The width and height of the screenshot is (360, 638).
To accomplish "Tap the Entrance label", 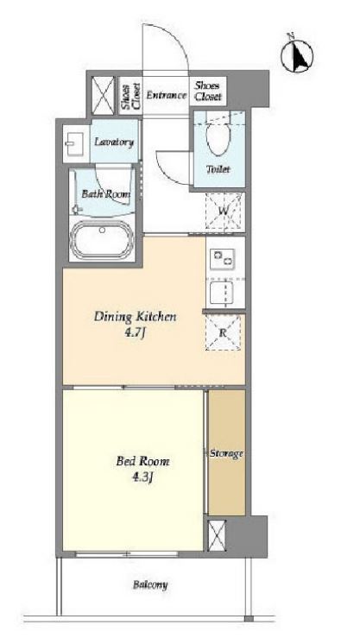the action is (167, 95).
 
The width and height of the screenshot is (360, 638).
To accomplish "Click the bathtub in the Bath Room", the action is (102, 240).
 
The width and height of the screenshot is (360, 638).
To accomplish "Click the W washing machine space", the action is (223, 212).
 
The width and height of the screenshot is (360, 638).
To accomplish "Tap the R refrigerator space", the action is (223, 332).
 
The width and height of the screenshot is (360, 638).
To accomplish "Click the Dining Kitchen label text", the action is (135, 317).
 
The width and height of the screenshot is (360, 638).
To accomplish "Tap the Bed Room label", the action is (142, 461).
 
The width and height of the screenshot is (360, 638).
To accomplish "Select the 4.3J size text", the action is (142, 477).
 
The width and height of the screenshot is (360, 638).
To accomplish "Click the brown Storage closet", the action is (226, 452).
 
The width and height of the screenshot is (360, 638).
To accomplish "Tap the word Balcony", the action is (150, 585).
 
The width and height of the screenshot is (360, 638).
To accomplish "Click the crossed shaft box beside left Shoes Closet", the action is (103, 96).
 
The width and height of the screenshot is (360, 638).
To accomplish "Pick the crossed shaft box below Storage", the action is (217, 535).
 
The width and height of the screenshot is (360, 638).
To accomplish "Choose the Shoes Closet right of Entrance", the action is (208, 92).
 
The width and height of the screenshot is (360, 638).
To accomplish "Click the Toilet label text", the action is (218, 169).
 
